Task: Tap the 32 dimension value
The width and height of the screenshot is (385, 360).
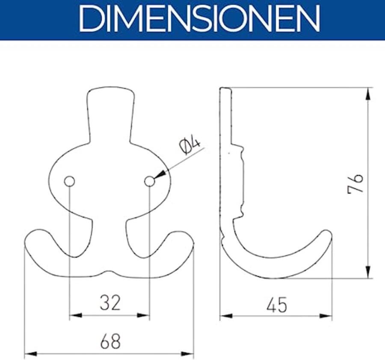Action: [110, 303]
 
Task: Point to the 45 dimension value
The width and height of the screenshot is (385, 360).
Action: [277, 305]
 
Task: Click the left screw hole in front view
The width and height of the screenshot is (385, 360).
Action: [69, 181]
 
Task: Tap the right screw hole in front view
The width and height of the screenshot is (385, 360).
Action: [149, 181]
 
